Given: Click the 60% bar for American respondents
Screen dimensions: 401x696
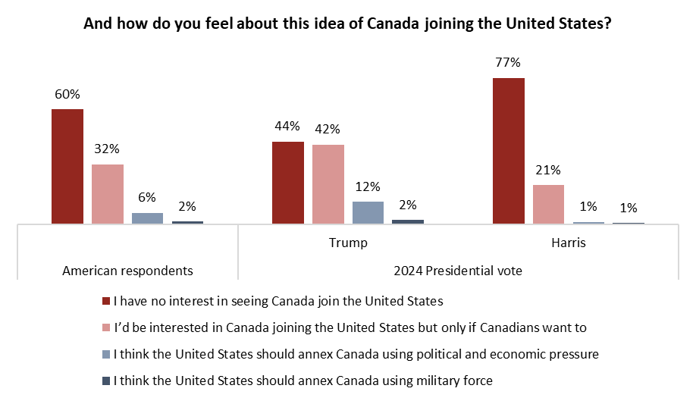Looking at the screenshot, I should pyautogui.click(x=67, y=167).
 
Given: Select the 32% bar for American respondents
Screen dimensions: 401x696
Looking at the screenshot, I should pyautogui.click(x=108, y=194).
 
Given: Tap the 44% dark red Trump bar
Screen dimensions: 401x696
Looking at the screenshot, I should pyautogui.click(x=288, y=183).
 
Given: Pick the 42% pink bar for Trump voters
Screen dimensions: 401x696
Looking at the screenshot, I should pyautogui.click(x=328, y=184).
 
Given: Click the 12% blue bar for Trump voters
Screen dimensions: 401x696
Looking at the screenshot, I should pyautogui.click(x=368, y=213).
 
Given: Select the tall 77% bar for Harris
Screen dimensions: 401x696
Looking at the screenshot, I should pyautogui.click(x=509, y=151).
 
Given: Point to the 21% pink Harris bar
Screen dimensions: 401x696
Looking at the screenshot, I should pyautogui.click(x=549, y=205).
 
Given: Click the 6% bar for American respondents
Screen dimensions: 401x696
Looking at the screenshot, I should pyautogui.click(x=147, y=218).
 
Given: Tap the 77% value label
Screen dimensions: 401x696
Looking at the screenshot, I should pyautogui.click(x=509, y=63).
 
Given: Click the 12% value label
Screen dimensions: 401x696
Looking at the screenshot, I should pyautogui.click(x=368, y=186).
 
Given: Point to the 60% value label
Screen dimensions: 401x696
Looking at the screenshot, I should pyautogui.click(x=67, y=94).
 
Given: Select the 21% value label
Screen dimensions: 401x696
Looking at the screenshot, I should pyautogui.click(x=549, y=170).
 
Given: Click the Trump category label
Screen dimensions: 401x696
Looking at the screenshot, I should pyautogui.click(x=348, y=243).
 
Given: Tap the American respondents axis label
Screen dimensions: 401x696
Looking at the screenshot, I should pyautogui.click(x=127, y=271).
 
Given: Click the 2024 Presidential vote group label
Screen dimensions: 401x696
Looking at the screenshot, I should pyautogui.click(x=458, y=271).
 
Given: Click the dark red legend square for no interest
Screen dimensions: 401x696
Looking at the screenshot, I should pyautogui.click(x=106, y=301).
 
